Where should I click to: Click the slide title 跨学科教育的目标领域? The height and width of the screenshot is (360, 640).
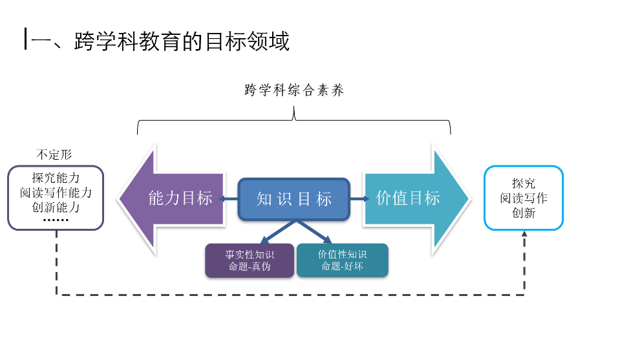click(182, 41)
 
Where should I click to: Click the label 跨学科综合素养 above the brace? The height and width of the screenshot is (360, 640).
click(294, 90)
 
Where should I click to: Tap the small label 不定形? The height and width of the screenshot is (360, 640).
click(54, 154)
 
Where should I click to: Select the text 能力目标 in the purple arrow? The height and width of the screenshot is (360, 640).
click(180, 198)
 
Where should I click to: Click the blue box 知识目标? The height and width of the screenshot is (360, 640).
click(294, 199)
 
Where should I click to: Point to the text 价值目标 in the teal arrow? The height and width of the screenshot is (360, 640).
click(408, 198)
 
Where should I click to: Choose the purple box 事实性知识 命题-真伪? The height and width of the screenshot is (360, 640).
click(250, 260)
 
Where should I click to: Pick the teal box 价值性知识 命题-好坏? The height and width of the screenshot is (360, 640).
click(343, 260)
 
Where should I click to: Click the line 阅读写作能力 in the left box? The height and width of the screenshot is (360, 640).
click(56, 192)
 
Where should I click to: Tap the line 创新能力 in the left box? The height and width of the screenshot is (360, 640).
click(56, 207)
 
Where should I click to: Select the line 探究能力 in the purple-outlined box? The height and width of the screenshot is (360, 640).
click(56, 178)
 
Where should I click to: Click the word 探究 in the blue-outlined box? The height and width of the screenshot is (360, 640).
click(524, 184)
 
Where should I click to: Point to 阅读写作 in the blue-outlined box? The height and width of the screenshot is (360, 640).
click(524, 198)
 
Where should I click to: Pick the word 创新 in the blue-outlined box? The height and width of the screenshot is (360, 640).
click(524, 213)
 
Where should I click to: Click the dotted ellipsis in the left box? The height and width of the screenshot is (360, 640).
click(56, 220)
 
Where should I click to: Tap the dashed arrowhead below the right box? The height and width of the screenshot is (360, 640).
click(524, 233)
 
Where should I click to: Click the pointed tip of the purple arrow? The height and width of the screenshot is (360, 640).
click(119, 199)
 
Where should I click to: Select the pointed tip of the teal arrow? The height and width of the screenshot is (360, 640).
click(470, 199)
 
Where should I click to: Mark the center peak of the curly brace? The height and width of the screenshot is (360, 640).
click(294, 107)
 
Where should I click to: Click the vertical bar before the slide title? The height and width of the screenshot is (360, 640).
click(26, 39)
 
